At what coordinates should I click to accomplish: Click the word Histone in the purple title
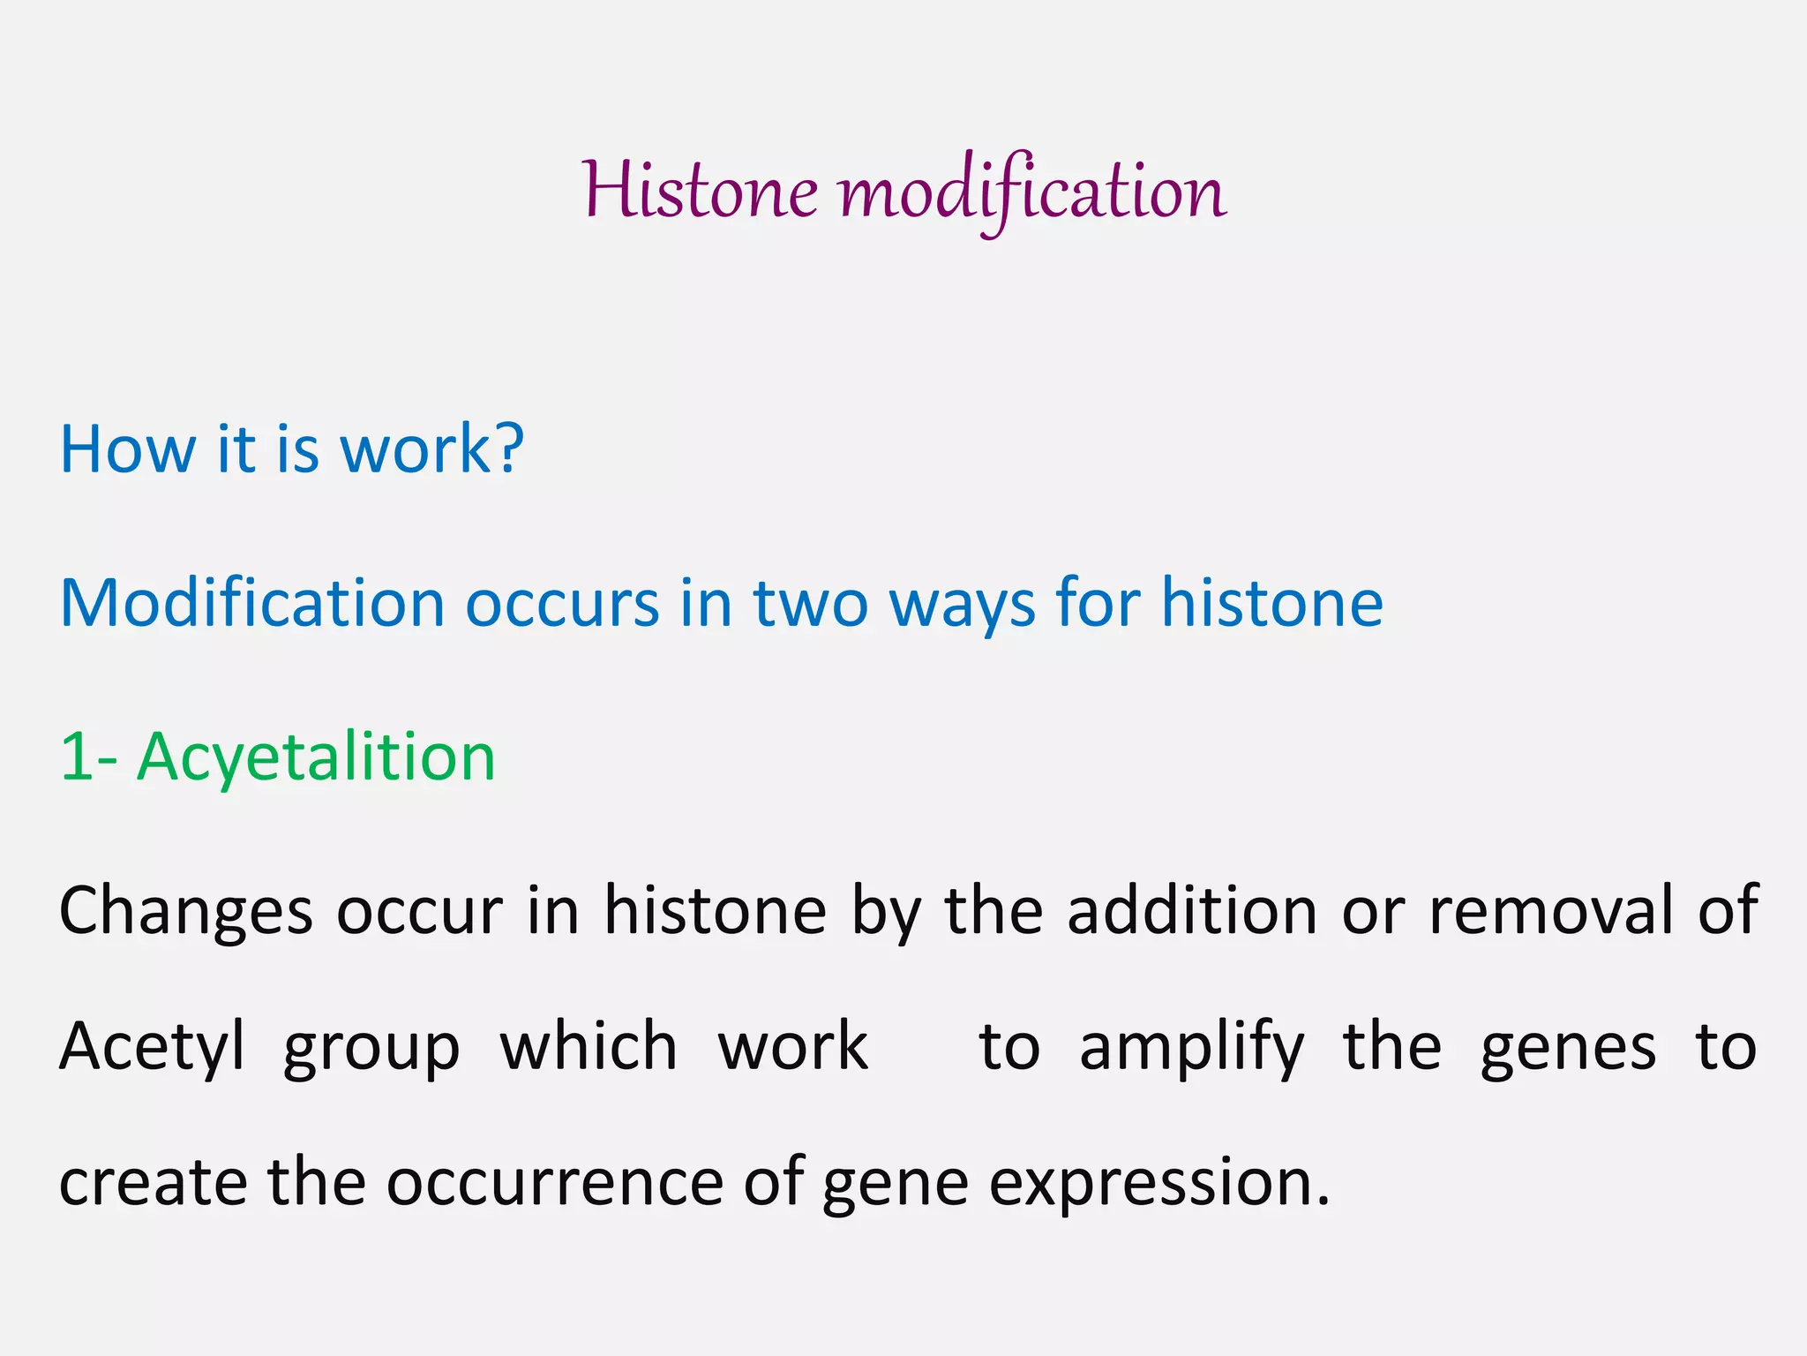click(x=700, y=191)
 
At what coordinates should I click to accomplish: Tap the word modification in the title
click(x=1032, y=191)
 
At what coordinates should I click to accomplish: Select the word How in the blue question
click(x=127, y=449)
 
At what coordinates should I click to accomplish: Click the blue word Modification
click(x=251, y=604)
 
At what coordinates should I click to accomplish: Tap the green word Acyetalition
click(x=316, y=757)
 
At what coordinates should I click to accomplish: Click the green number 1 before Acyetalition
click(x=74, y=757)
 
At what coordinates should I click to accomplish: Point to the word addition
click(x=1192, y=910)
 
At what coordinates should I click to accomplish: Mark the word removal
click(x=1550, y=910)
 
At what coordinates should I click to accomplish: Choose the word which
click(x=589, y=1046)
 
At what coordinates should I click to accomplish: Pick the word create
click(x=153, y=1183)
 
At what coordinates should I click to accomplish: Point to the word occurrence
click(x=555, y=1183)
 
